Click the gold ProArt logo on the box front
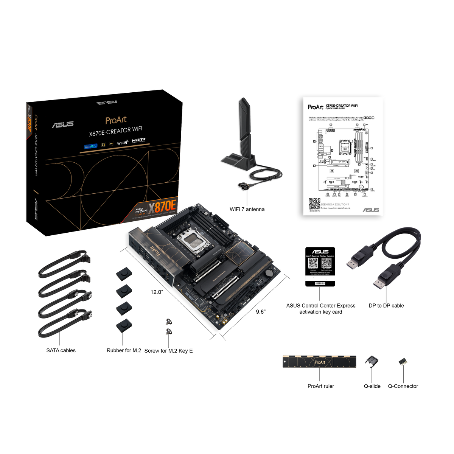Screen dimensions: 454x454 coord(116,120)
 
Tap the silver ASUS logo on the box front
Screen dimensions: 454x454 coord(62,124)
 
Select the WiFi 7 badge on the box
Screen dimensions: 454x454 coord(122,143)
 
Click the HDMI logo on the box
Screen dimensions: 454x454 coord(138,141)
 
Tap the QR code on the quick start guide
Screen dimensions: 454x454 coord(314,204)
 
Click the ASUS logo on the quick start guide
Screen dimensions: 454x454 coord(370,210)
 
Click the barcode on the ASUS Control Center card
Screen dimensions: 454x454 coord(320,283)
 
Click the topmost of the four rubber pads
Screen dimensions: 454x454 coord(122,274)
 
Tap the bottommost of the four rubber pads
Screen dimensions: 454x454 coord(122,325)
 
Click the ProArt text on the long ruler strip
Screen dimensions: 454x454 coord(320,362)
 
